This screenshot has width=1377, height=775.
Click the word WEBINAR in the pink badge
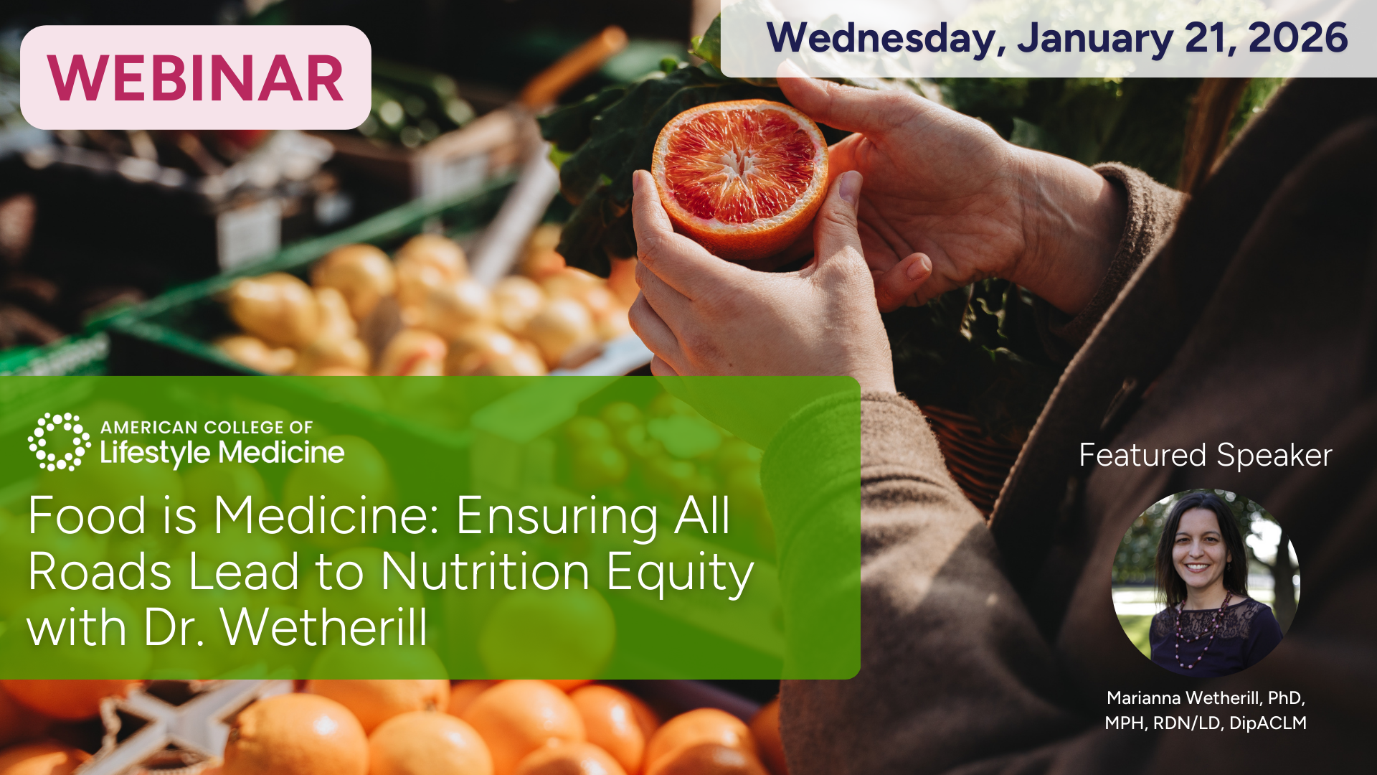tap(196, 78)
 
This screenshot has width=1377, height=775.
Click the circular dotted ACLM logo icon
tap(60, 441)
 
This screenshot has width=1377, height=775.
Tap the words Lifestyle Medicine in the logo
tap(222, 453)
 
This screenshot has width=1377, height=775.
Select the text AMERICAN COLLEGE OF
tap(207, 427)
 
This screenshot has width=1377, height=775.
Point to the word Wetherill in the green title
tap(324, 628)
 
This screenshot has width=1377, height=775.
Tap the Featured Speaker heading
tap(1206, 456)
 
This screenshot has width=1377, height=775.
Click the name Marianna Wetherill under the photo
tap(1183, 698)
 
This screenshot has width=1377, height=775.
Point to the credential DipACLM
tap(1268, 723)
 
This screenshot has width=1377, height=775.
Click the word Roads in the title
tap(100, 572)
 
